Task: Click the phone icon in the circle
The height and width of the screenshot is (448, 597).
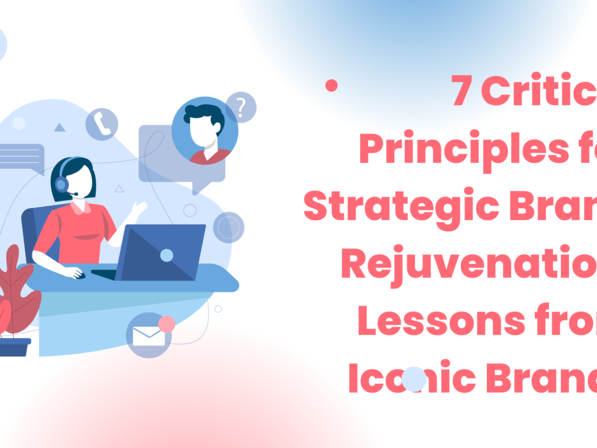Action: coord(101,124)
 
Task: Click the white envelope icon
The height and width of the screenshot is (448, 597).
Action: coord(149,337)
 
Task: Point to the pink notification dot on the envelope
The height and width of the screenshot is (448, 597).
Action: coord(167,324)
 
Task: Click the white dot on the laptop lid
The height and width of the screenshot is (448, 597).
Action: coord(167,255)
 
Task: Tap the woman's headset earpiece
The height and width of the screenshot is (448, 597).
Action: coord(61,184)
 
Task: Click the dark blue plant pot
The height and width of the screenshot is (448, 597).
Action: coord(14,347)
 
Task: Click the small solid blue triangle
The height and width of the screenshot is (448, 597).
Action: coord(59,128)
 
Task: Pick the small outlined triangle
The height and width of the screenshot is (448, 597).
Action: coord(119,188)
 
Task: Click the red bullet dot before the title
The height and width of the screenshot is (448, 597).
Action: coord(331,86)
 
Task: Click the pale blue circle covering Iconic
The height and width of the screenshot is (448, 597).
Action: coord(414,378)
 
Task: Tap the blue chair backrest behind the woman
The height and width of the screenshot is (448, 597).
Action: coord(31,230)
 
